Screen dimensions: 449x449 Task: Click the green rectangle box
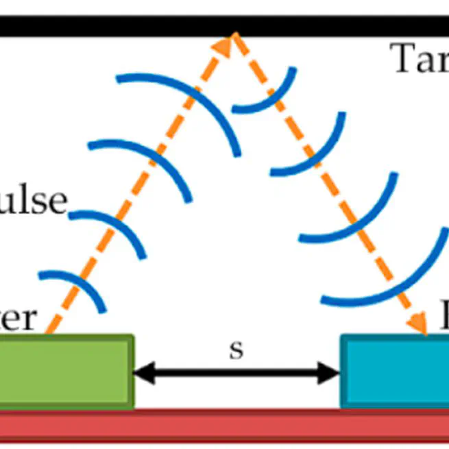tap(65, 371)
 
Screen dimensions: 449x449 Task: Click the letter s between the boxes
tap(236, 350)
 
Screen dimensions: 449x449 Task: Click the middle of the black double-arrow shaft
tap(236, 373)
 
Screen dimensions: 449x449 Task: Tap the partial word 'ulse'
tap(34, 201)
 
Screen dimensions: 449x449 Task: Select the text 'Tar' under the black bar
tap(419, 59)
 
